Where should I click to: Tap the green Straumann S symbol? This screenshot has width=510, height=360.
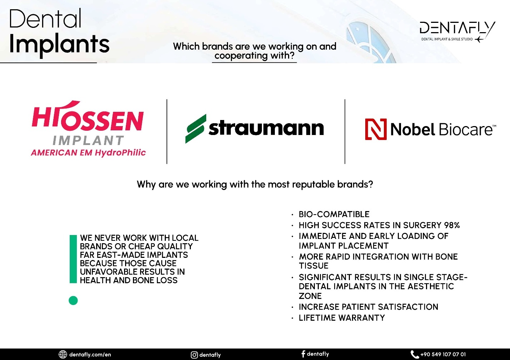(196, 129)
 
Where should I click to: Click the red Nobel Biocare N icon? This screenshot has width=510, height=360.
(376, 129)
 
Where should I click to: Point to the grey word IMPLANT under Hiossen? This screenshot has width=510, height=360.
(88, 140)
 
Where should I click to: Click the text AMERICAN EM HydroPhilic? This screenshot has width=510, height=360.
(88, 152)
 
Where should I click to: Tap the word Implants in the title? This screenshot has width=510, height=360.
(59, 44)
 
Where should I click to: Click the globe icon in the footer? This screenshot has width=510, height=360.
(63, 354)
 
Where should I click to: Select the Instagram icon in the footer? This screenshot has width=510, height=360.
(194, 355)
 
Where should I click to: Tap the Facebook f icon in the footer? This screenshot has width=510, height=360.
(303, 354)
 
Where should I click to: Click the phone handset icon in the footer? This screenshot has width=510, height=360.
(415, 354)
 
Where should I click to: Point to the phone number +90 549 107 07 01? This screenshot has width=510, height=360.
(443, 354)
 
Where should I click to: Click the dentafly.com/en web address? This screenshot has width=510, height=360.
(90, 355)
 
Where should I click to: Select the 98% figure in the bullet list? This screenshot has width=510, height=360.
(452, 225)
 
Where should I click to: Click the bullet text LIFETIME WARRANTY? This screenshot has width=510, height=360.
(342, 317)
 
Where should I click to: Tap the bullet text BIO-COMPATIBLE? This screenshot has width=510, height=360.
(334, 214)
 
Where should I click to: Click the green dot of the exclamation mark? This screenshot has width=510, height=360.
(73, 300)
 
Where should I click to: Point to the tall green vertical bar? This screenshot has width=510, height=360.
(73, 259)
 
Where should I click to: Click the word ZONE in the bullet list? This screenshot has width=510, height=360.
(310, 296)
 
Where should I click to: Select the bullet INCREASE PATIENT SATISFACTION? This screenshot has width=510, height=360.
(368, 307)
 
